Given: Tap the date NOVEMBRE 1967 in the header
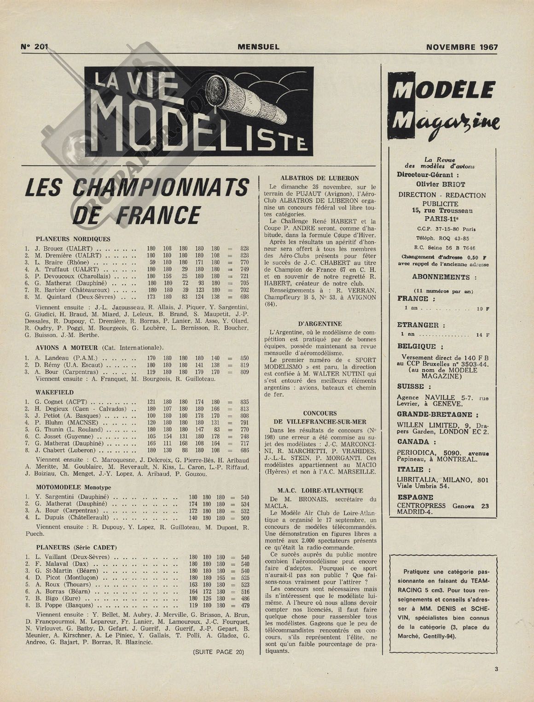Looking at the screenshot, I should point(462,47).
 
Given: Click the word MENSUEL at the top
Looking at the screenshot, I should point(259,47).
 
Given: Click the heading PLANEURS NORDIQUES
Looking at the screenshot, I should point(73,239).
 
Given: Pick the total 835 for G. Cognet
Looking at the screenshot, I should point(244,402).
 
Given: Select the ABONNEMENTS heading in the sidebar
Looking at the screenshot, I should point(441,277).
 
